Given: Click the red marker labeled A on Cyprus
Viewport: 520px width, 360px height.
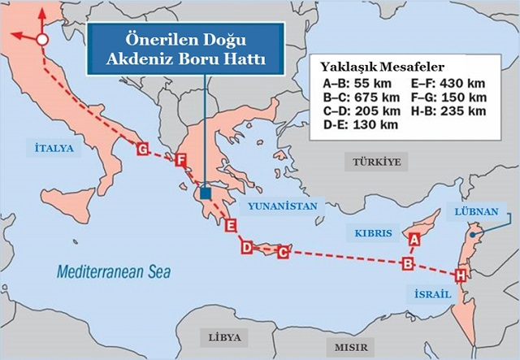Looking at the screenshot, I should click(414, 239).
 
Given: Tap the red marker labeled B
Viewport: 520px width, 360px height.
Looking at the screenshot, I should click(409, 263).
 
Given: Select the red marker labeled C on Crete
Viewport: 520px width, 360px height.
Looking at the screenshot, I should click(283, 253).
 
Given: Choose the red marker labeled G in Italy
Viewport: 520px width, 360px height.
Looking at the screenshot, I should click(143, 150).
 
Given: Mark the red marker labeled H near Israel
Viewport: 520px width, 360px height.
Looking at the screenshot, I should click(461, 275).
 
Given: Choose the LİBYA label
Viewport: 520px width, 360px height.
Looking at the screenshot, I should click(225, 336).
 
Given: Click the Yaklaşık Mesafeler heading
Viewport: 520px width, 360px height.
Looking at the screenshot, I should click(376, 68).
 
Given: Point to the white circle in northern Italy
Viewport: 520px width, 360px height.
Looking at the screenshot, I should click(43, 38).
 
